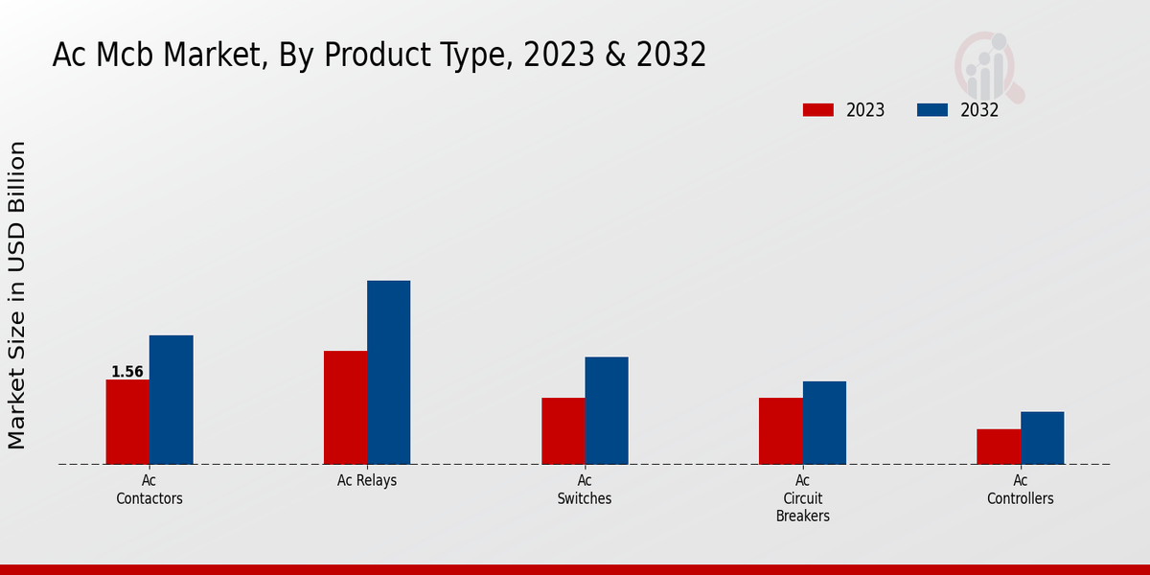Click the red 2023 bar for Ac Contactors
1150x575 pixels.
pyautogui.click(x=127, y=422)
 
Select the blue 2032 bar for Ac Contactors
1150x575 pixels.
pyautogui.click(x=171, y=400)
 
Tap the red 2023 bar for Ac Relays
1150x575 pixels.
pyautogui.click(x=345, y=407)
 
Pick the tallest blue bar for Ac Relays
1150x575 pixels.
pyautogui.click(x=388, y=372)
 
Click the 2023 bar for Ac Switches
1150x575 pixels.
pyautogui.click(x=563, y=430)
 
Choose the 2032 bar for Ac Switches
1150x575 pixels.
pyautogui.click(x=607, y=410)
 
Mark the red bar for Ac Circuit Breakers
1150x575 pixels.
pyautogui.click(x=780, y=430)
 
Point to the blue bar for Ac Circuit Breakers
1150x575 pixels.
pyautogui.click(x=824, y=423)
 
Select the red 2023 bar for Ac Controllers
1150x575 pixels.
pyautogui.click(x=999, y=447)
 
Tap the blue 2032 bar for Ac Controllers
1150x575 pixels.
pyautogui.click(x=1042, y=438)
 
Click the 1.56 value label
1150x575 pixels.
pyautogui.click(x=127, y=372)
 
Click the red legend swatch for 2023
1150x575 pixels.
pyautogui.click(x=817, y=110)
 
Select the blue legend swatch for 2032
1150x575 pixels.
pyautogui.click(x=931, y=110)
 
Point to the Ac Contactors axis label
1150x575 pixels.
pyautogui.click(x=149, y=490)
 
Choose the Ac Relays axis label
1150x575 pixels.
pyautogui.click(x=367, y=481)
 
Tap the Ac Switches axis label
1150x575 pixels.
pyautogui.click(x=585, y=490)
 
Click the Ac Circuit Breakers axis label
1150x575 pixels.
pyautogui.click(x=803, y=498)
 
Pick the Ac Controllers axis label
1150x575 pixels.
pyautogui.click(x=1021, y=490)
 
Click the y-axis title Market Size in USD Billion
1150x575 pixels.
pyautogui.click(x=17, y=295)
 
